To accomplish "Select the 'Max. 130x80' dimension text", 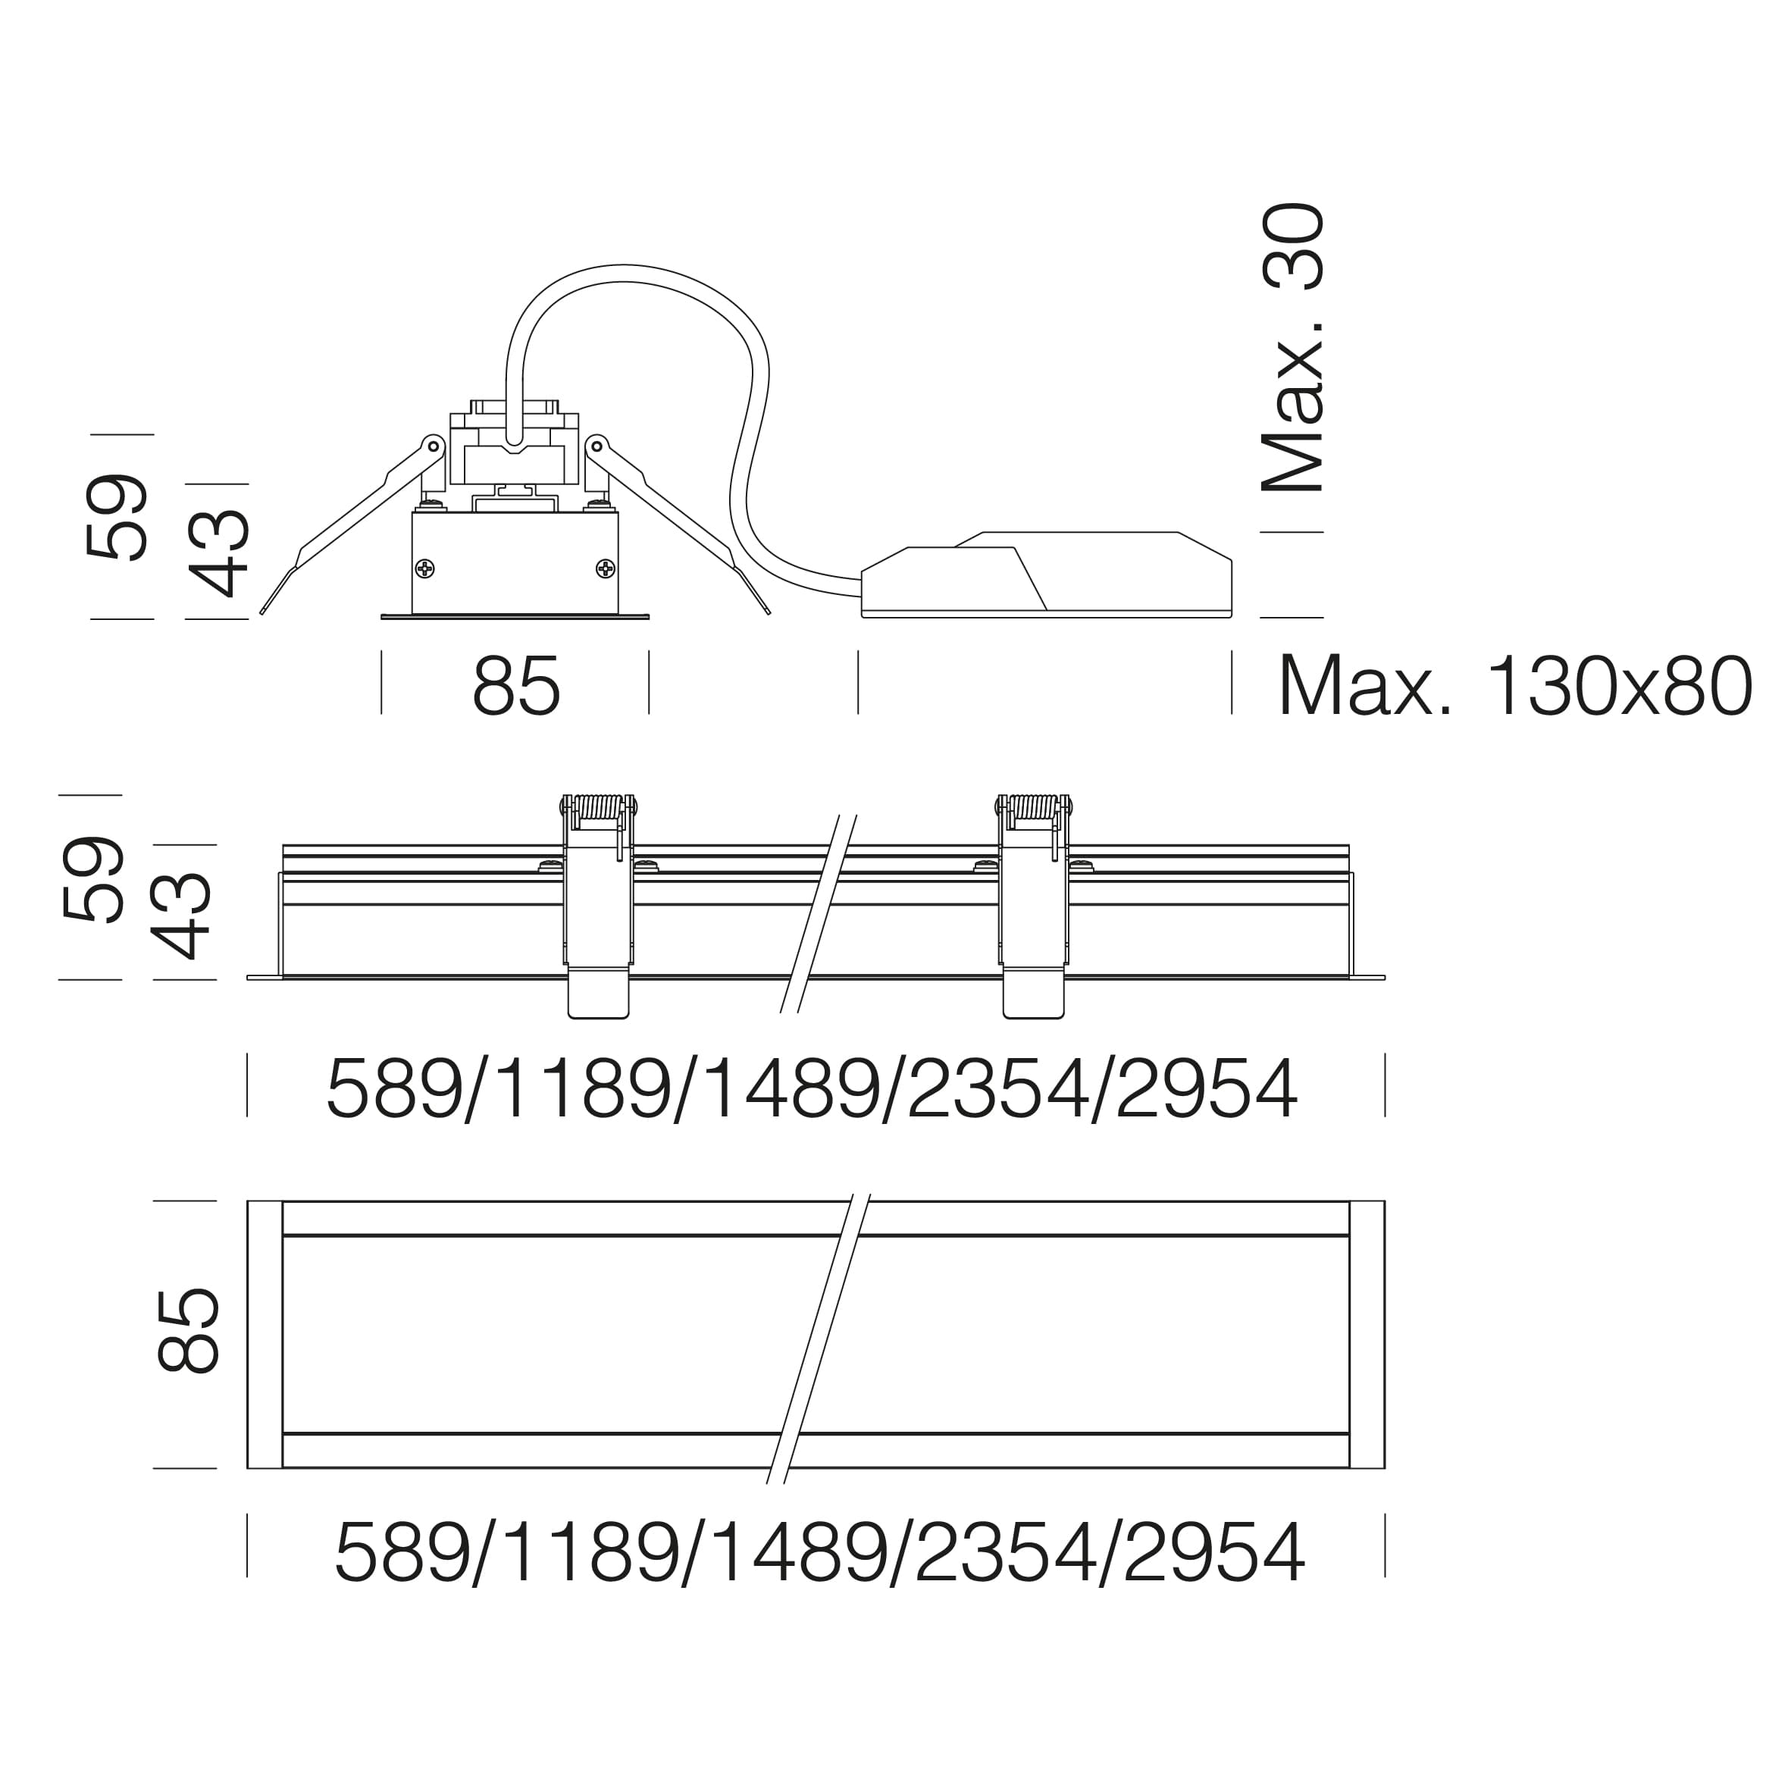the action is point(1515,687).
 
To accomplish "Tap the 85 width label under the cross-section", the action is point(516,687).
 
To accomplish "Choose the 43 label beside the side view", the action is point(182,915).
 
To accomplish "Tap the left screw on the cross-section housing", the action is point(424,568).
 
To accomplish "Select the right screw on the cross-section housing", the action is point(606,568).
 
